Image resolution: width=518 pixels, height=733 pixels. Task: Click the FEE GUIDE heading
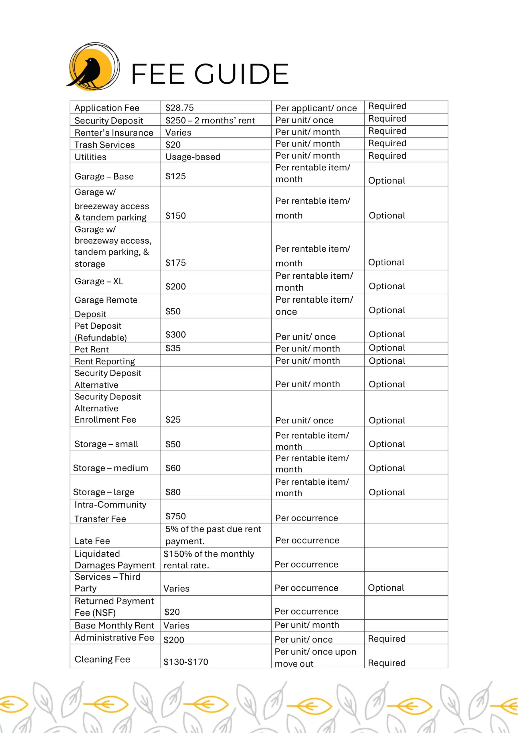(210, 74)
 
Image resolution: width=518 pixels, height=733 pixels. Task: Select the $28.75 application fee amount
(179, 108)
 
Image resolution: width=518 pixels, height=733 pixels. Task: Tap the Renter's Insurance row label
(114, 133)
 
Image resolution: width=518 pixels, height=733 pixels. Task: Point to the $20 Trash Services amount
(173, 145)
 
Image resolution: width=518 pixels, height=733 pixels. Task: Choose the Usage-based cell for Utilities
(193, 157)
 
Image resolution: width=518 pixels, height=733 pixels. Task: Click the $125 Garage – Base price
(175, 176)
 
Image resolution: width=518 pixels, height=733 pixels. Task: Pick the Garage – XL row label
(99, 281)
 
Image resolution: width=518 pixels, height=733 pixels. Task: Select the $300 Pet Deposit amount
(175, 334)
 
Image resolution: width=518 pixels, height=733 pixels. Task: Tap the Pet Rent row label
(92, 349)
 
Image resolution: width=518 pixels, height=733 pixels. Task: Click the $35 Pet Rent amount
(173, 348)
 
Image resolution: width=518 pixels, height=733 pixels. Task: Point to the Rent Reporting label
(105, 361)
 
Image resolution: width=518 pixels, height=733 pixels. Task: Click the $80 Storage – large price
(173, 492)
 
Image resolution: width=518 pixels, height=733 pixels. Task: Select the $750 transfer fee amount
(175, 516)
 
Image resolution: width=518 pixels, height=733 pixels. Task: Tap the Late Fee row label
(92, 541)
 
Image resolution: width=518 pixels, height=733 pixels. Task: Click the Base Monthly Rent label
(114, 625)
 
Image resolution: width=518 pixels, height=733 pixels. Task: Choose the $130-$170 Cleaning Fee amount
(185, 662)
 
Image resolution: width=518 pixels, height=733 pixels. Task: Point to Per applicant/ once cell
(316, 108)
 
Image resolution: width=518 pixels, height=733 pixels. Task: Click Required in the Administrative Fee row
(387, 639)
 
